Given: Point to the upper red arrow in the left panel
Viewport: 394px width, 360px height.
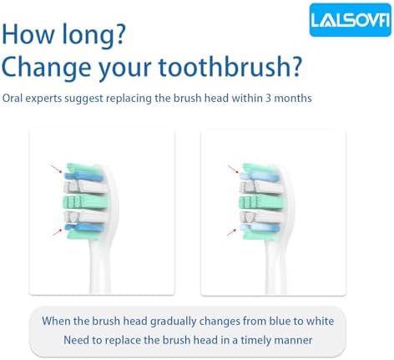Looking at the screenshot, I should point(58,171).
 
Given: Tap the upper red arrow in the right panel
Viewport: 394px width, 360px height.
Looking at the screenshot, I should point(234,171).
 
